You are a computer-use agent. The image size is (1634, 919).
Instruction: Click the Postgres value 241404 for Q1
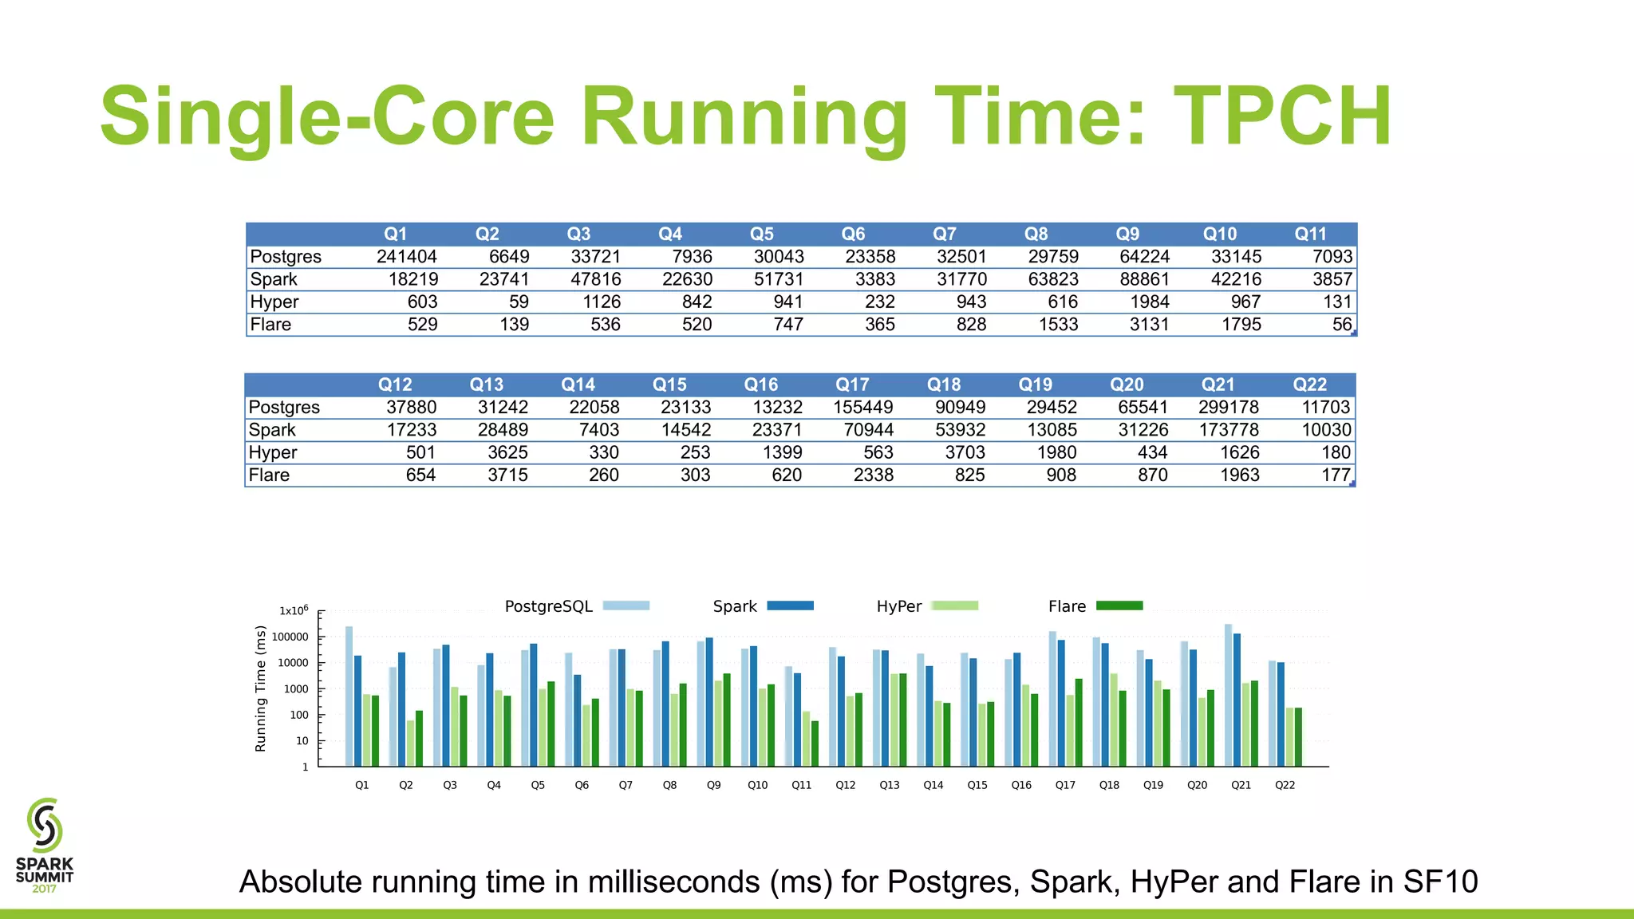(406, 257)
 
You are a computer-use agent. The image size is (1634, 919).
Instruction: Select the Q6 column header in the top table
(853, 234)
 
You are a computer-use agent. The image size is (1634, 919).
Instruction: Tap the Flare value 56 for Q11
(1341, 325)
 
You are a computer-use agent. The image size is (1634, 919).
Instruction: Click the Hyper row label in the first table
(274, 302)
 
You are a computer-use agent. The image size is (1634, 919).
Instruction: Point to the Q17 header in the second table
(852, 385)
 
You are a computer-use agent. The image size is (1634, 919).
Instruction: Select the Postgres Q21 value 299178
(1228, 408)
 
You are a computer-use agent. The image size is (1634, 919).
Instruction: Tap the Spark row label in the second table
(272, 430)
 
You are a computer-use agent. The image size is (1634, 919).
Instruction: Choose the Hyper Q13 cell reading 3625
(507, 452)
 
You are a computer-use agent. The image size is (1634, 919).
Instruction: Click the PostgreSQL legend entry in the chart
(549, 606)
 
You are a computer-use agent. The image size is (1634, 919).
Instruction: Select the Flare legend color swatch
(1119, 606)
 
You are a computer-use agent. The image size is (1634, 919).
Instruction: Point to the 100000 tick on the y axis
(290, 637)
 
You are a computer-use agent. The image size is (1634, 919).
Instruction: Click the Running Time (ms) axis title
(260, 688)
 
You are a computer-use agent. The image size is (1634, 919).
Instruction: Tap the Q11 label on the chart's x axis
(801, 785)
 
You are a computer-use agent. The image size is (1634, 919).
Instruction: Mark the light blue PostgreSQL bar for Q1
(349, 696)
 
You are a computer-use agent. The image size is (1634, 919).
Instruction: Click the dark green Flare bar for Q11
(815, 743)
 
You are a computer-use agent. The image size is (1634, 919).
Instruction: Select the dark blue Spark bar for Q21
(1237, 700)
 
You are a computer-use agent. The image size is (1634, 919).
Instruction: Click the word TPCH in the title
(1282, 116)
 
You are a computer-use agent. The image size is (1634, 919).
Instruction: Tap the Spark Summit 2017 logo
(45, 846)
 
